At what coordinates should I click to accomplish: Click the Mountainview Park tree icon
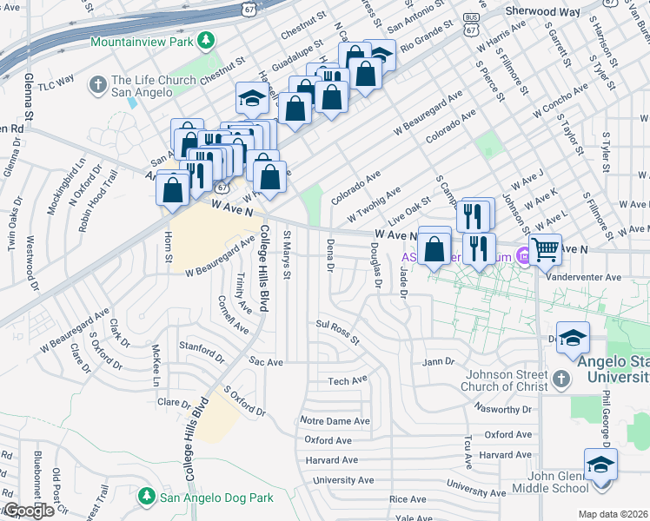pyautogui.click(x=206, y=41)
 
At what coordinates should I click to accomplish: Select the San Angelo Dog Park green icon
pyautogui.click(x=147, y=498)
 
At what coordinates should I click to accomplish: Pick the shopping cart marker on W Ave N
pyautogui.click(x=545, y=250)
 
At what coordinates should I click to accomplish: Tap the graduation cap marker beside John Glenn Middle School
pyautogui.click(x=600, y=464)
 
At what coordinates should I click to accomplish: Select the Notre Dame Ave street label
pyautogui.click(x=335, y=420)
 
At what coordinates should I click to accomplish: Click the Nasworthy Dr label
pyautogui.click(x=503, y=407)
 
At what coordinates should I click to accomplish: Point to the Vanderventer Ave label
pyautogui.click(x=586, y=277)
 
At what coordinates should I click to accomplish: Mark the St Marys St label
pyautogui.click(x=287, y=255)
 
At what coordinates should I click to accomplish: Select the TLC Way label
pyautogui.click(x=57, y=84)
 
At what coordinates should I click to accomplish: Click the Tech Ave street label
pyautogui.click(x=348, y=380)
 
